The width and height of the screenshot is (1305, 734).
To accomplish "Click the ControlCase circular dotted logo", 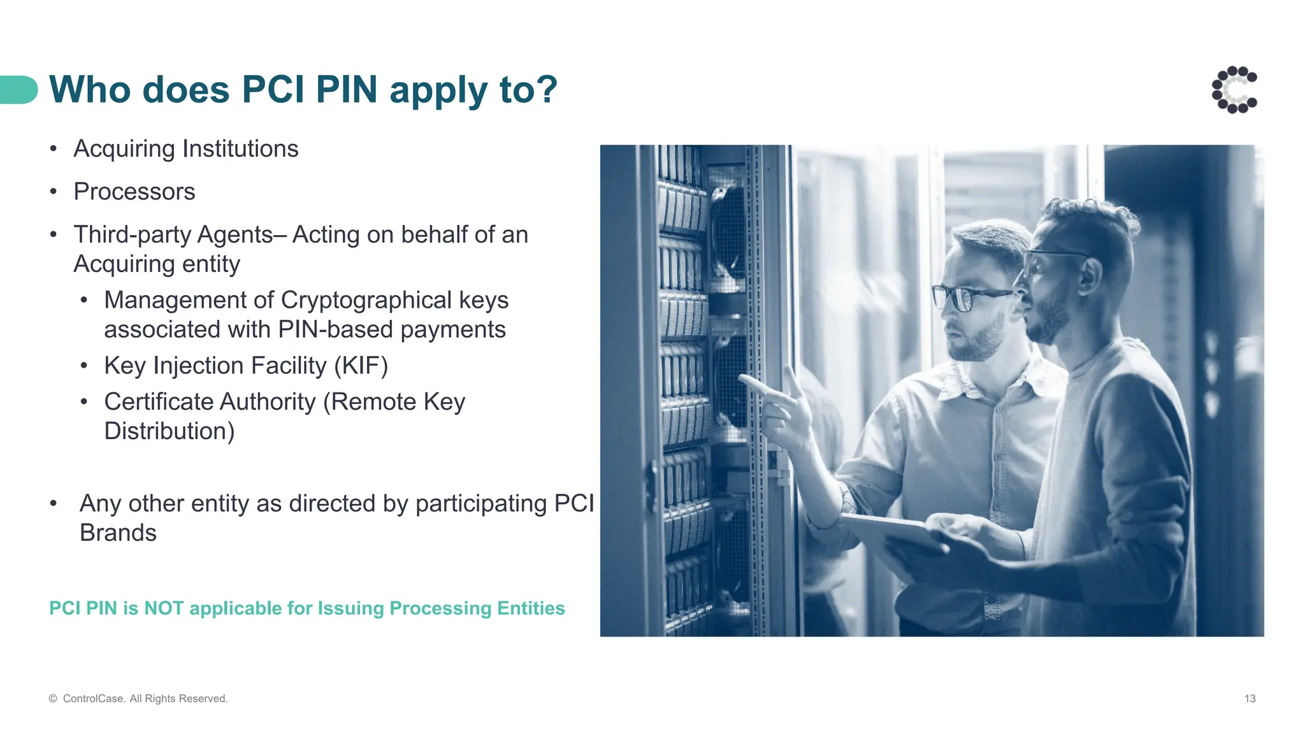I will pos(1234,90).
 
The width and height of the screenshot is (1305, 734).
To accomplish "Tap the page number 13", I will pos(1250,699).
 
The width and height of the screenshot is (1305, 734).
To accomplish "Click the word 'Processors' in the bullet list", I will pos(134,192).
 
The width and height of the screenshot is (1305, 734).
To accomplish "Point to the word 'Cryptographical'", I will pos(366,300).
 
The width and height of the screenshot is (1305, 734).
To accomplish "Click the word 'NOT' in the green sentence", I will pos(164,608).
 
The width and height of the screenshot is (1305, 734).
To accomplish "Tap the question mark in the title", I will pos(546,89).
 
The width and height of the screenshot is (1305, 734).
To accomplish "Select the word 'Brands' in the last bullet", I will pos(118,533).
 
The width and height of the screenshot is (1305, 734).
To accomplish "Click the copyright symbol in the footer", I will pos(53,699).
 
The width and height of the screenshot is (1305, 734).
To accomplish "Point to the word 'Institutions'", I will pos(240,149).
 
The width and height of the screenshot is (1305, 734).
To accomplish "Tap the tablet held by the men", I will pos(892,532).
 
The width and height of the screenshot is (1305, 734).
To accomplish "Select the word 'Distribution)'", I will pos(169,431).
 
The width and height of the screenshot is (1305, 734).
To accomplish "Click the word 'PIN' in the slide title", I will pos(347,89).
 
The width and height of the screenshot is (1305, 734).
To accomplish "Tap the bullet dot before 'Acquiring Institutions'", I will pos(54,149).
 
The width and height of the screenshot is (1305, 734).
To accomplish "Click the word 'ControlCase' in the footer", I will pos(94,699).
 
